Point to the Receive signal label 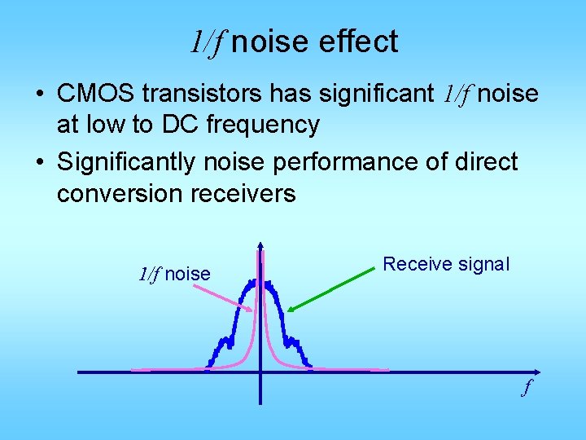[446, 264]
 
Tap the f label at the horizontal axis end [527, 388]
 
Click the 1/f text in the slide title [206, 42]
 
